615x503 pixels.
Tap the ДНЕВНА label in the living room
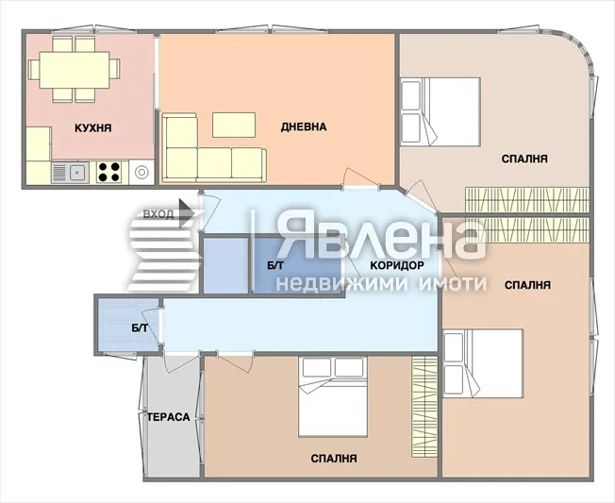[x=303, y=127]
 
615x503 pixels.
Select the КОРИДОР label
[x=395, y=265]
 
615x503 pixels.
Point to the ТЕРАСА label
[x=169, y=416]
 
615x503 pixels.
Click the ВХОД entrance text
[x=158, y=214]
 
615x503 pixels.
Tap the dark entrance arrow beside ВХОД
[x=187, y=215]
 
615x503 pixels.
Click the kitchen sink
[x=75, y=172]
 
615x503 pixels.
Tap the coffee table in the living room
[x=234, y=125]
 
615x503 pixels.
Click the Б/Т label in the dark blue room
[x=274, y=267]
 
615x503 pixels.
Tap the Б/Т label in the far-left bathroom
[x=140, y=327]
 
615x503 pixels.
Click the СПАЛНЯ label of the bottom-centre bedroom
[x=334, y=459]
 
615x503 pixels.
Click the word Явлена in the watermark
[x=380, y=238]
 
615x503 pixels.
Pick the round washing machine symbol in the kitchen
[x=142, y=172]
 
